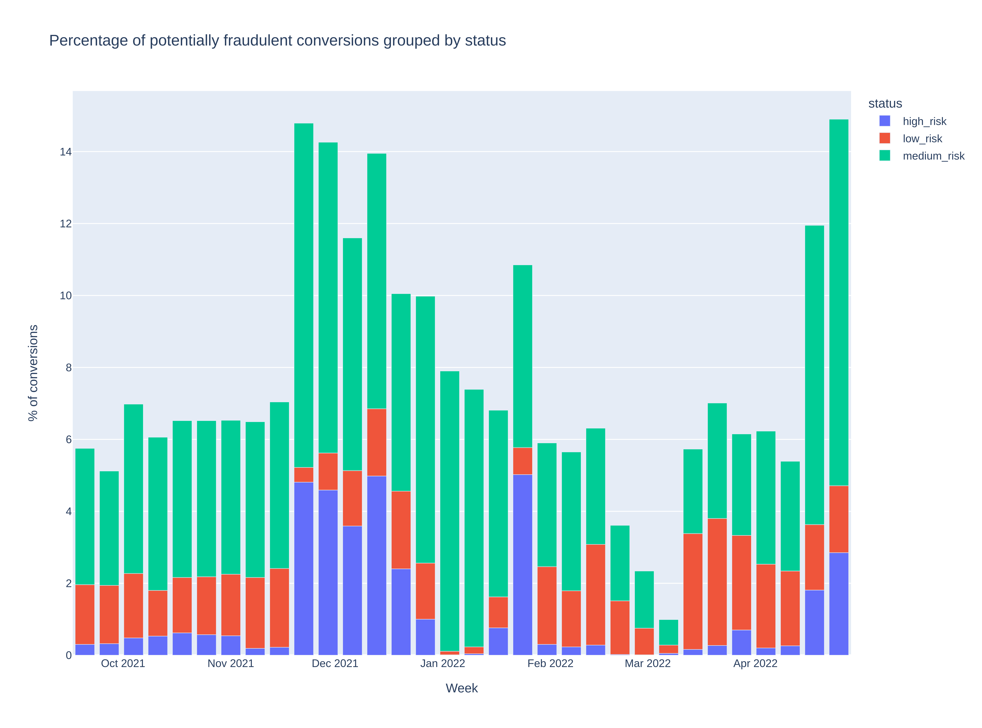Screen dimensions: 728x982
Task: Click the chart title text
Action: coord(277,40)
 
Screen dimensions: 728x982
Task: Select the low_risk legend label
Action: coord(922,139)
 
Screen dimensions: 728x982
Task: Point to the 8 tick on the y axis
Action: coord(68,367)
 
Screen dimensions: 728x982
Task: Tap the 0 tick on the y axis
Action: coord(68,655)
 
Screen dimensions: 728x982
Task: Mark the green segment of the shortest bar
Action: coord(668,632)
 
